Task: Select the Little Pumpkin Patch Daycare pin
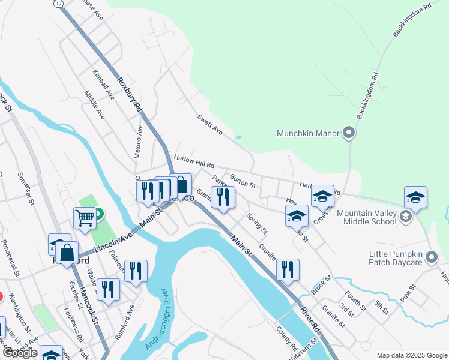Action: tap(431, 258)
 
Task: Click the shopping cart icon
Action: tap(85, 218)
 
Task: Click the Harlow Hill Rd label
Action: tap(193, 160)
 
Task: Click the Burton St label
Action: tap(243, 176)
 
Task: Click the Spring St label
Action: tap(258, 223)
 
